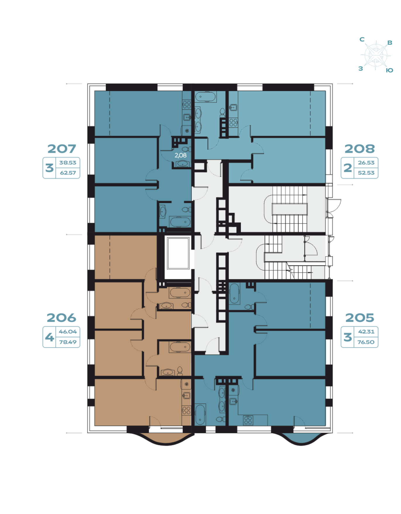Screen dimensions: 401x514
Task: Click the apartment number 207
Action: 62,149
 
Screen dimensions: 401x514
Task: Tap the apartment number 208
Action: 359,149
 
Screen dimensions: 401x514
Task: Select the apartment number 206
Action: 61,318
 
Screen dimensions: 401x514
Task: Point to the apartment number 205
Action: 359,318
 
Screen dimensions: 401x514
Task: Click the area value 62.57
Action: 68,173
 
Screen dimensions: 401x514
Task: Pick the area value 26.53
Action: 366,163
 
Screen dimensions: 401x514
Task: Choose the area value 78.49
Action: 68,342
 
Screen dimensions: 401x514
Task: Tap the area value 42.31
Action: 366,332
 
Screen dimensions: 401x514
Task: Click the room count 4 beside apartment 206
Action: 49,337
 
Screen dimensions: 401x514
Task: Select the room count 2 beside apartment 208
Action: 348,168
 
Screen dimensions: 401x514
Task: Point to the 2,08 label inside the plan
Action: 181,156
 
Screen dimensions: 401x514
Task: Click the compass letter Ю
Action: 389,70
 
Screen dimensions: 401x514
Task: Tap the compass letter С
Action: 362,39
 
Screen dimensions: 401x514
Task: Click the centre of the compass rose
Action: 376,55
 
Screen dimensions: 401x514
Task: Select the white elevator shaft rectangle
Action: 178,253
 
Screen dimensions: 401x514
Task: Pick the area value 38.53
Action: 68,163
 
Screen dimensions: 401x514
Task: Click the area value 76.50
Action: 366,342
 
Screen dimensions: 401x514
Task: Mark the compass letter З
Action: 361,69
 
